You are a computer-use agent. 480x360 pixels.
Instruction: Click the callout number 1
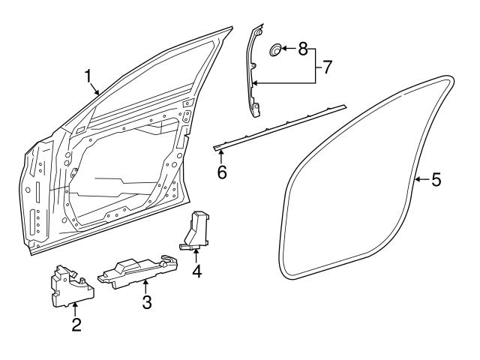pos(88,76)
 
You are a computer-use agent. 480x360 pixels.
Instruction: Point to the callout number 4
pos(196,271)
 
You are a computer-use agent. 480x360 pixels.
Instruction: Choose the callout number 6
pos(221,173)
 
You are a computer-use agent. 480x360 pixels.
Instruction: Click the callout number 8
pos(303,50)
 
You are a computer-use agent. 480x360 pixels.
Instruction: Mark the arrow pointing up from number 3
pos(146,285)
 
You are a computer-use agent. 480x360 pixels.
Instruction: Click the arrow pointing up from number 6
pos(220,155)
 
